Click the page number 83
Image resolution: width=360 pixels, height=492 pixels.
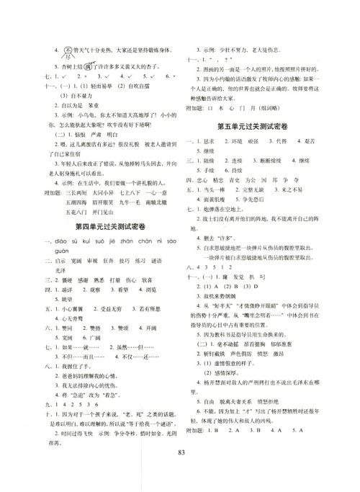[x=180, y=472]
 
